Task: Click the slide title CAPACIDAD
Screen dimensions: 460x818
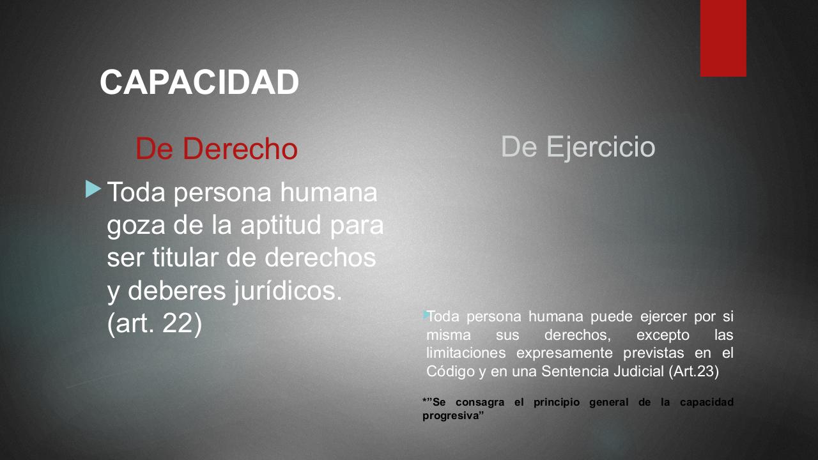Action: pos(199,82)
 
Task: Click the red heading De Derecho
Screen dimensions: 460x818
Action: pos(216,149)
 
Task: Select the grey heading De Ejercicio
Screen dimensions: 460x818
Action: pos(578,147)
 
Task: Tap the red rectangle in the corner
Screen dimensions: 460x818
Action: pos(723,38)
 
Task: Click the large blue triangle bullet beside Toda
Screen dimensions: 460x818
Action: pos(93,189)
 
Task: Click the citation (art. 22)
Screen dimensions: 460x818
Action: pos(155,324)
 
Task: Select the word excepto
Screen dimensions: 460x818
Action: pos(663,335)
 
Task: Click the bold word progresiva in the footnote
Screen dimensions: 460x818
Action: pos(452,415)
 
